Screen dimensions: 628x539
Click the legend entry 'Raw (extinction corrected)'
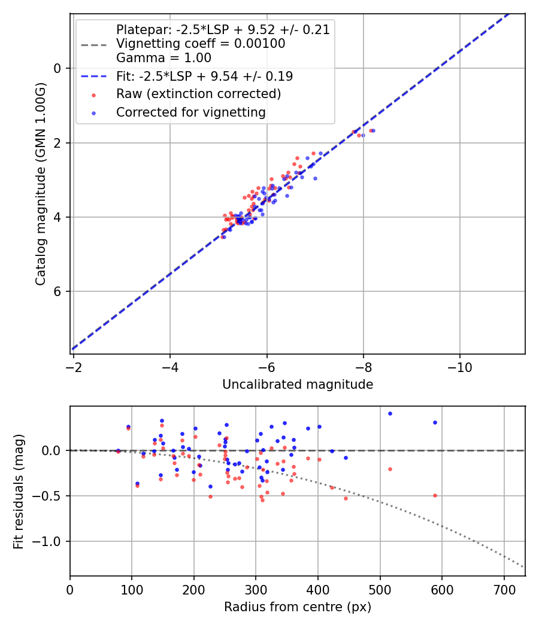point(198,94)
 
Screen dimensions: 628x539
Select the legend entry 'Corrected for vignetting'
point(190,112)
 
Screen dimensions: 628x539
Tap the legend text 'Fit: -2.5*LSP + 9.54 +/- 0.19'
point(204,77)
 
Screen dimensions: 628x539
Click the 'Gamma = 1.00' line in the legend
point(163,59)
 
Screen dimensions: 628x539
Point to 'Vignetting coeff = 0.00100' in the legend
point(201,44)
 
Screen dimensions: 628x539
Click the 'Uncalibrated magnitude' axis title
point(298,385)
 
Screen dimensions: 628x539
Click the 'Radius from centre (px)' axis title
point(298,607)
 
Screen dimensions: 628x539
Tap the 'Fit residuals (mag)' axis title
point(19,491)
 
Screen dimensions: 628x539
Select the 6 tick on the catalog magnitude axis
point(57,292)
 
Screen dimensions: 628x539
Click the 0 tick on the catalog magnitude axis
point(57,68)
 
